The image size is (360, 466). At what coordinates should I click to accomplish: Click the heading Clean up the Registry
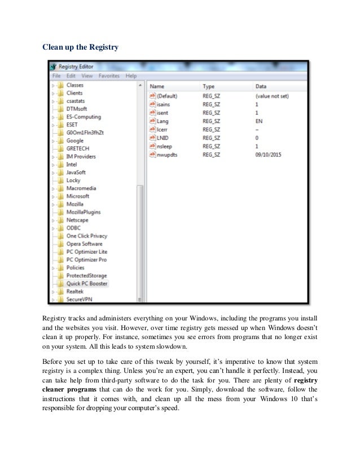pos(81,47)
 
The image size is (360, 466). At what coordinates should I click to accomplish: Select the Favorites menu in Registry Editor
pos(109,76)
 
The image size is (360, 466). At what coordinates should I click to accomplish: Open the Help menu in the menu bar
pos(131,76)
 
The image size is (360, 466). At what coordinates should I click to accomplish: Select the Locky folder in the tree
pos(74,181)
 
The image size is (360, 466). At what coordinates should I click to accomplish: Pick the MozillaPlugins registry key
pos(84,212)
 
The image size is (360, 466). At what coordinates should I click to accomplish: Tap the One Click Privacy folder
pos(86,236)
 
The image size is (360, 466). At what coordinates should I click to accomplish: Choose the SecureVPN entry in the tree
pos(79,300)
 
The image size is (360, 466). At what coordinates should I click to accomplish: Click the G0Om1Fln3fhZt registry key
pos(85,133)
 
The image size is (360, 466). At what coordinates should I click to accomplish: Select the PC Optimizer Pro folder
pos(86,260)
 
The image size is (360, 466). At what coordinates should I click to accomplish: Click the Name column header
pos(157,86)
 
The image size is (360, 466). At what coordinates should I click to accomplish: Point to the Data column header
pos(261,86)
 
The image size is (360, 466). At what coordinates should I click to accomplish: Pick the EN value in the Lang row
pos(259,121)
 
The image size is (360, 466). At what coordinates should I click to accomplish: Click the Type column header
pos(209,86)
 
